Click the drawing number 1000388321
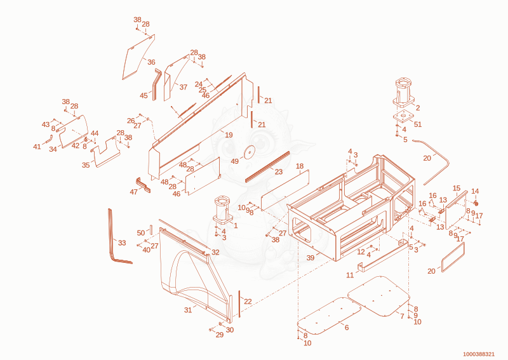point(479,354)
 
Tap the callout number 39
point(311,258)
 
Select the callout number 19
point(229,135)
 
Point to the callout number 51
point(418,124)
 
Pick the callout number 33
point(122,243)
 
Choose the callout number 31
point(188,310)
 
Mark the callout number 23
point(279,171)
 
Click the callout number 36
point(151,62)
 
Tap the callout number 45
point(144,96)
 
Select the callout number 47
point(134,192)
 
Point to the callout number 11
point(350,275)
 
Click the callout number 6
point(347,328)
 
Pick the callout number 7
point(402,316)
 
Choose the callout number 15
point(457,189)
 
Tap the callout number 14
point(475,191)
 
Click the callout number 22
point(248,302)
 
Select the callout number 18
point(300,166)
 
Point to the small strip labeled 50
point(150,230)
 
